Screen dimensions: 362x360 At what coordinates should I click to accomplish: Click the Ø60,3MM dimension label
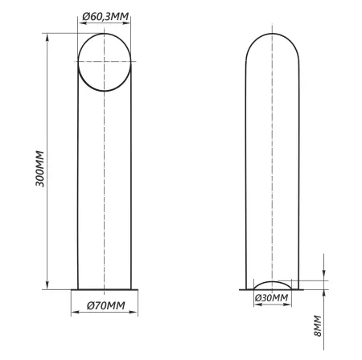105,17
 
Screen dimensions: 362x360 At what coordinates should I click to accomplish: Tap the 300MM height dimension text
40,169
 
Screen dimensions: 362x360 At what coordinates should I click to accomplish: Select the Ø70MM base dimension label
106,305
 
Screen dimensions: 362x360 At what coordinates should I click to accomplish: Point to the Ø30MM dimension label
271,298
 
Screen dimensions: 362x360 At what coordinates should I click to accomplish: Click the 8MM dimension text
317,325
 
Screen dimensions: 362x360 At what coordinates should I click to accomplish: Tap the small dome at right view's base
273,282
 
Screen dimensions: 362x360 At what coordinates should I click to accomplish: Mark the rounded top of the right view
273,34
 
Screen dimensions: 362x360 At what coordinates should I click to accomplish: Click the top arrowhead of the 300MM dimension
47,38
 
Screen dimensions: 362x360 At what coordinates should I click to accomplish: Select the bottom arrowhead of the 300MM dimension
47,285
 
